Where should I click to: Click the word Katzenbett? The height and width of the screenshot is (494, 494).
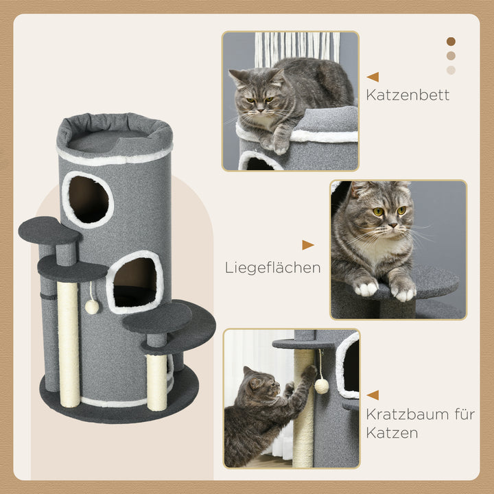(x=408, y=95)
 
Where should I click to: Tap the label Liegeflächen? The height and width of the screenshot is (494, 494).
(x=272, y=267)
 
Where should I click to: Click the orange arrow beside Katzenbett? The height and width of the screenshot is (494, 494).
(x=373, y=77)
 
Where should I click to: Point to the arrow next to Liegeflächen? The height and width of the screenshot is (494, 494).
(x=307, y=245)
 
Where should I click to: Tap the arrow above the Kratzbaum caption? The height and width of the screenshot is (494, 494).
(x=373, y=395)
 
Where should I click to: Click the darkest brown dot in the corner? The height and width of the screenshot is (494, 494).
(x=451, y=41)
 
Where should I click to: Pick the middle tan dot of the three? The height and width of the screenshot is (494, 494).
(x=451, y=56)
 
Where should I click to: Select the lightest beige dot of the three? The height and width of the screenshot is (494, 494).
(x=451, y=70)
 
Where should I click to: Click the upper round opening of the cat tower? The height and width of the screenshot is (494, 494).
(x=89, y=199)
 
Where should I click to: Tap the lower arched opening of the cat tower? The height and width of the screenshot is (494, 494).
(x=134, y=281)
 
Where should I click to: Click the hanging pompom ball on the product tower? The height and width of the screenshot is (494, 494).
(x=92, y=306)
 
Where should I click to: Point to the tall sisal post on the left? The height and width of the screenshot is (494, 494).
(x=68, y=343)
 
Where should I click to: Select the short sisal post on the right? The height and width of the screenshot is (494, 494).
(x=156, y=381)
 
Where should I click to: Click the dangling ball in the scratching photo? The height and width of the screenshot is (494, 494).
(x=321, y=386)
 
